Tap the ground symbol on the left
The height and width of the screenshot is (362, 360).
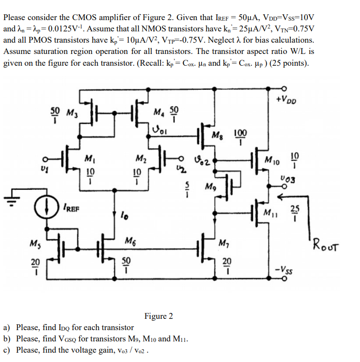tap(10, 199)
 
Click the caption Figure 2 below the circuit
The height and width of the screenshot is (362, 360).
tap(158, 316)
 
